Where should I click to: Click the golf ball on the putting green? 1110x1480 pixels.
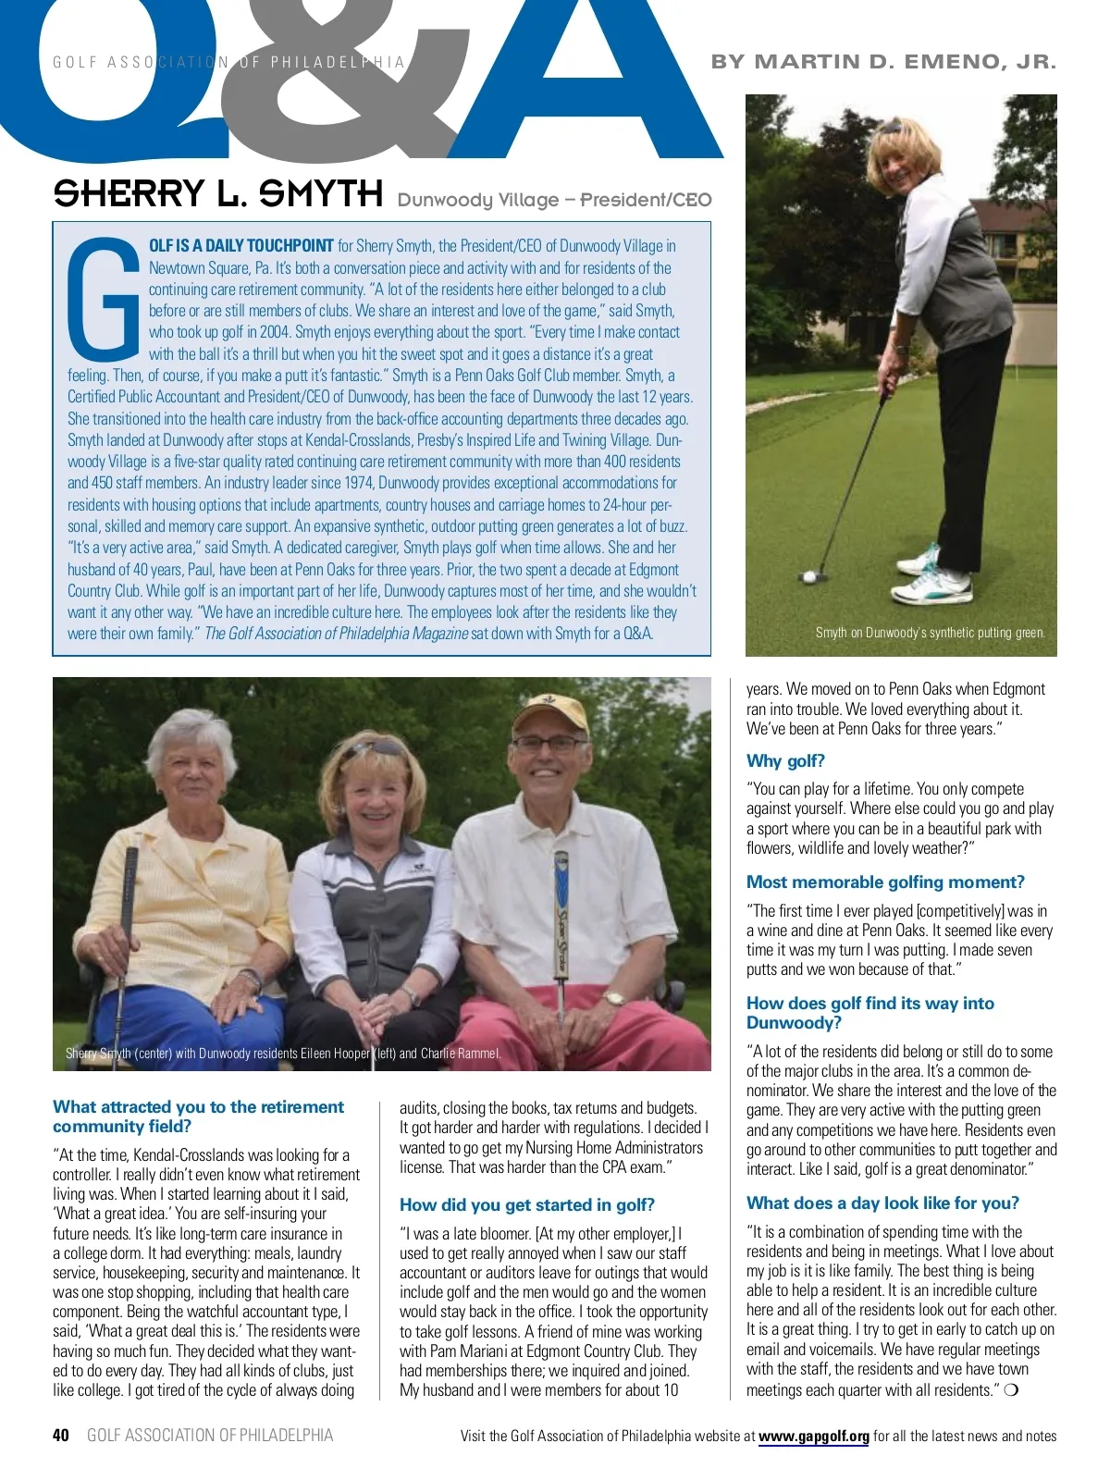tap(810, 576)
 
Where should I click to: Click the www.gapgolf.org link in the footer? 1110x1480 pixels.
tap(813, 1436)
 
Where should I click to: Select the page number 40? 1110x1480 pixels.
tap(61, 1435)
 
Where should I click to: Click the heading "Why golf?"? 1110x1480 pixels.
tap(785, 760)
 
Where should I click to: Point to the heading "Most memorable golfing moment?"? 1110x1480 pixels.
tap(885, 882)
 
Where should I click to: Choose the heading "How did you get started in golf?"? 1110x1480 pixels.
tap(526, 1204)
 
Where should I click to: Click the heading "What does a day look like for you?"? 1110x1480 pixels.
tap(882, 1202)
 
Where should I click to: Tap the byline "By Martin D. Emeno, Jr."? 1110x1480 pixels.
tap(883, 62)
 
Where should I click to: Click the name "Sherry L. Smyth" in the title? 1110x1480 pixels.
tap(217, 194)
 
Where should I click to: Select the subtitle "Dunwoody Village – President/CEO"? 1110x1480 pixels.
tap(554, 200)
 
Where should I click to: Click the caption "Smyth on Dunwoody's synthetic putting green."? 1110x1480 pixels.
tap(930, 633)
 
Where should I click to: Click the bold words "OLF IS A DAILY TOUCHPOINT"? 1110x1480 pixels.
tap(241, 246)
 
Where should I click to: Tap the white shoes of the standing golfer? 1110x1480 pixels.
tap(935, 575)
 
